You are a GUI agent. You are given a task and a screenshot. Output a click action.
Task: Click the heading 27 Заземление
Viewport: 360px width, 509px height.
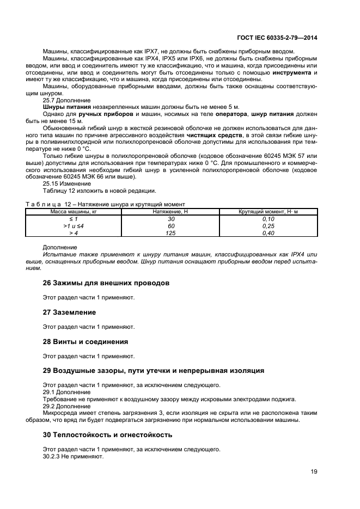(x=69, y=312)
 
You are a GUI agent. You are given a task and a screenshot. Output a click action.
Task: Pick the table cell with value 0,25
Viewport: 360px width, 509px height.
(x=268, y=225)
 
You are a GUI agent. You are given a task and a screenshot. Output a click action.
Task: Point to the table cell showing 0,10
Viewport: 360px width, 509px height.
(x=268, y=218)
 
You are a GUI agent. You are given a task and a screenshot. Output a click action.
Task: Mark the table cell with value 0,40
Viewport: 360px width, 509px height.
(x=268, y=232)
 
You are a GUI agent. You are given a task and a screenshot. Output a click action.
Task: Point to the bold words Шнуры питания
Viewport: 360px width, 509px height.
(x=63, y=107)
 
